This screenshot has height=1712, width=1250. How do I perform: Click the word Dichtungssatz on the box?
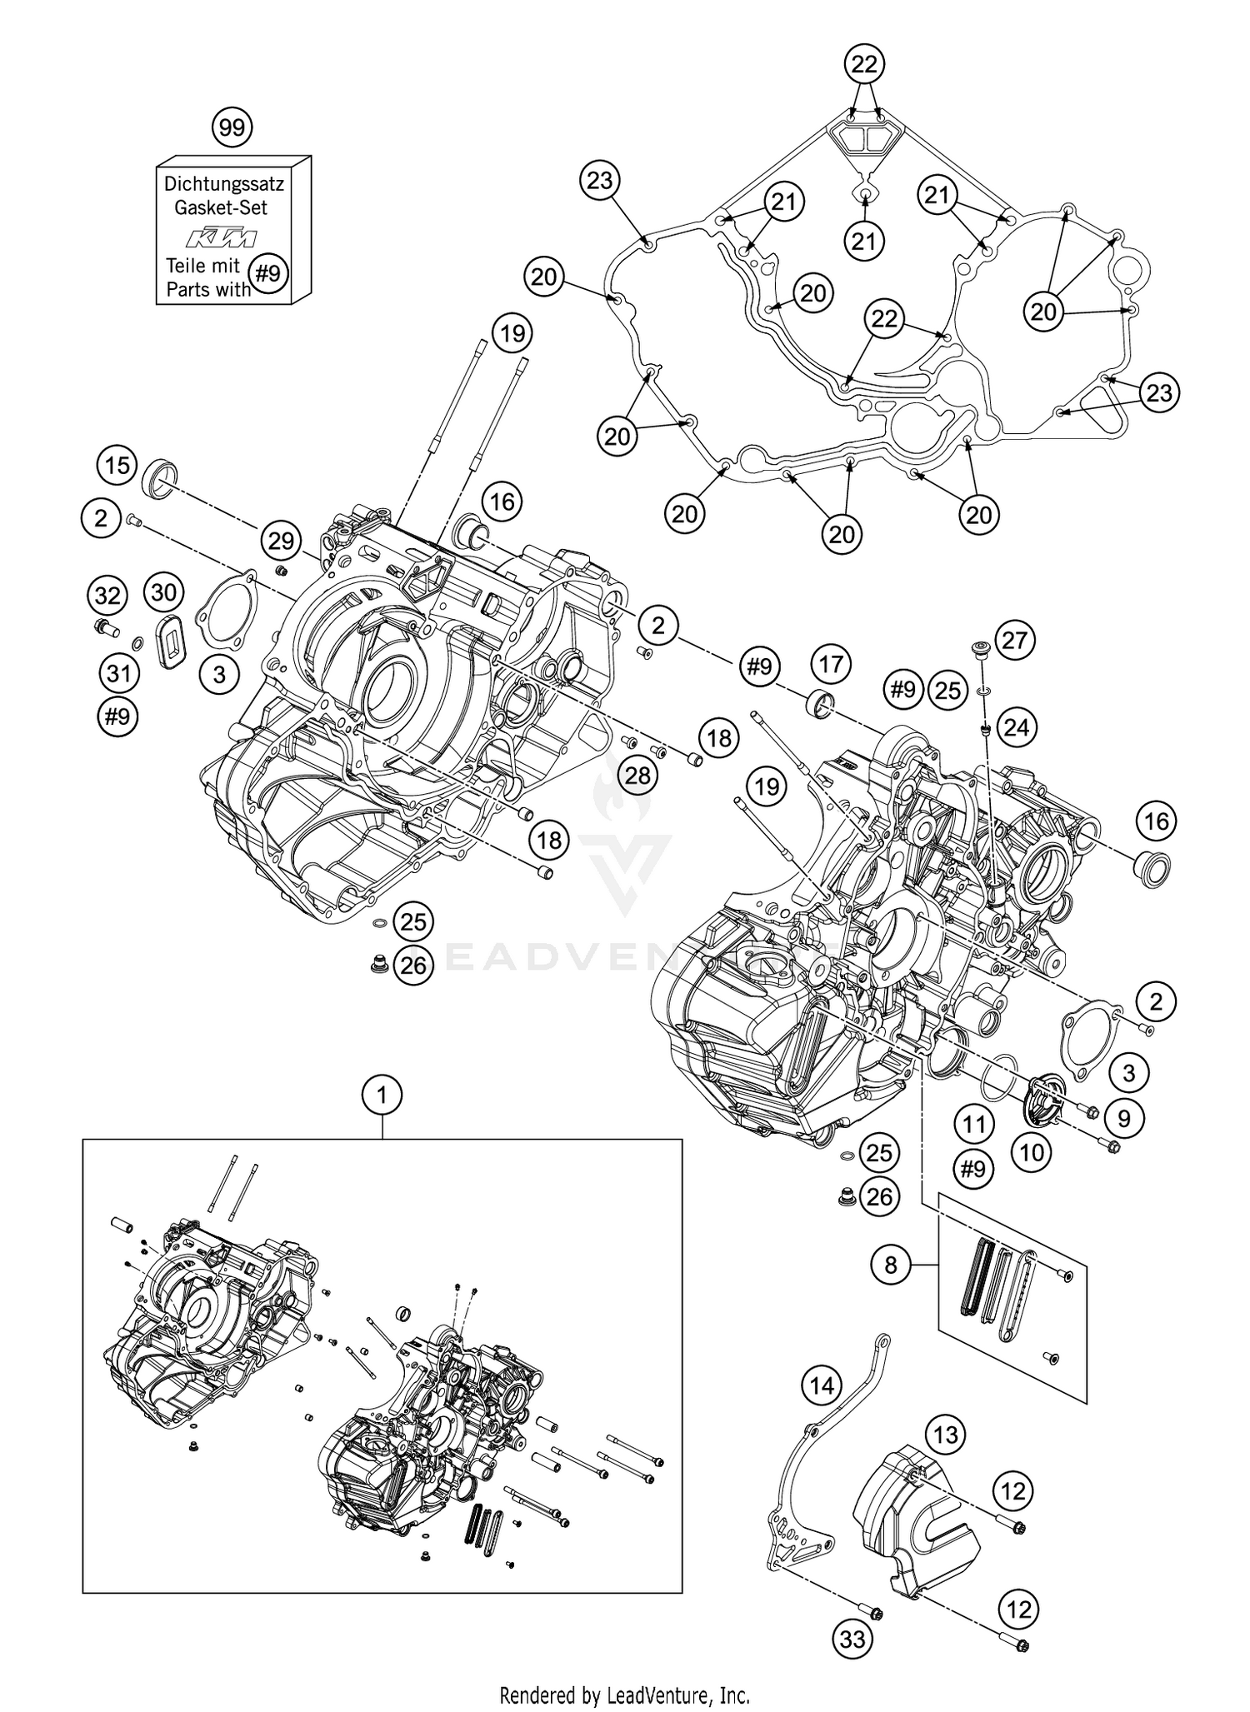[223, 183]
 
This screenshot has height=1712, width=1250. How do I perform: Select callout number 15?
[117, 464]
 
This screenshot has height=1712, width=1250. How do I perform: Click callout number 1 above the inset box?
[382, 1096]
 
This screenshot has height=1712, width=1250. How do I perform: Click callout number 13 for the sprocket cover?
[945, 1435]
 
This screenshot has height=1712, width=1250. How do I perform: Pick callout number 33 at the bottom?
[852, 1639]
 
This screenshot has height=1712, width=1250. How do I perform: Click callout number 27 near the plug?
[1015, 640]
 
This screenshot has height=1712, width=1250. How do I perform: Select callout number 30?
[164, 592]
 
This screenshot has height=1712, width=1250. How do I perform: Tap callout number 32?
[107, 596]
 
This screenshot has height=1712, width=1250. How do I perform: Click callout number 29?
[281, 542]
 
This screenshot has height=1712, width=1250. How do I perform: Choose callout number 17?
[831, 664]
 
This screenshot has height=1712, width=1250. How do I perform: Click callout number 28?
[637, 776]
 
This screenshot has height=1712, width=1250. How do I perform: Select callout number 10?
[1032, 1152]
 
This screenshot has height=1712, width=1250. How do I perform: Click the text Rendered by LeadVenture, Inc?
[624, 1695]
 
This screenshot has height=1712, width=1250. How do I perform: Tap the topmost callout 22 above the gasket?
[864, 63]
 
